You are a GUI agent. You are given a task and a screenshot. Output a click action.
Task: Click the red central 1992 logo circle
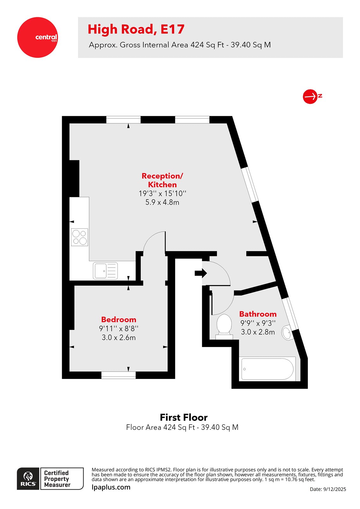(x=37, y=38)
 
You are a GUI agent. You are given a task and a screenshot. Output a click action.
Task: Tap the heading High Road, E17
(x=136, y=29)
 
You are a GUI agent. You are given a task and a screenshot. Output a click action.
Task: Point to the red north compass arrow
(x=310, y=96)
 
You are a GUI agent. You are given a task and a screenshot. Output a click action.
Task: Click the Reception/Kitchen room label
(x=162, y=180)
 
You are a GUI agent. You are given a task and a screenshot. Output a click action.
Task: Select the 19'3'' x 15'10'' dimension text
(x=162, y=193)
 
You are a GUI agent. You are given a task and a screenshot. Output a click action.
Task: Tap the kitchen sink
(x=105, y=271)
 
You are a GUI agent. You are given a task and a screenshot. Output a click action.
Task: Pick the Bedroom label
(x=118, y=319)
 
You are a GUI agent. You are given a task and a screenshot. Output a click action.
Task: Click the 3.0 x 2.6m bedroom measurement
(x=118, y=338)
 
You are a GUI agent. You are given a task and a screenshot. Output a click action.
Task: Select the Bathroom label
(x=258, y=314)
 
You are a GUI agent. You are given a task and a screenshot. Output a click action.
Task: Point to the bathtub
(x=267, y=369)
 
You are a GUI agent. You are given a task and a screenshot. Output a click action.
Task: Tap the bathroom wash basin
(x=286, y=333)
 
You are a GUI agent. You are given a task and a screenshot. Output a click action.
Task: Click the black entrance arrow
(x=201, y=273)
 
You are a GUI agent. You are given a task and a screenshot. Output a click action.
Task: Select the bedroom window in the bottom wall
(x=118, y=375)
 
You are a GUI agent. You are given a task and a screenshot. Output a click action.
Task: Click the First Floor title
(x=183, y=417)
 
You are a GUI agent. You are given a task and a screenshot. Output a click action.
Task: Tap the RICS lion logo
(x=28, y=478)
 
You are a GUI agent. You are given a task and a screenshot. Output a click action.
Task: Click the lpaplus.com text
(x=111, y=487)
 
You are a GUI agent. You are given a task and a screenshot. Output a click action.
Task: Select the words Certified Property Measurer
(x=57, y=479)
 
